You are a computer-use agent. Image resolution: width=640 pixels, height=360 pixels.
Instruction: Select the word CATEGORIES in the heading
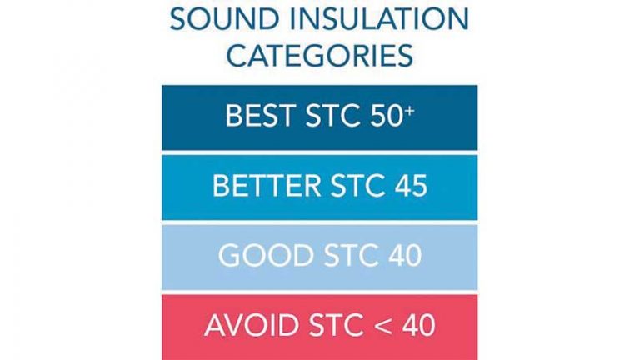point(320,55)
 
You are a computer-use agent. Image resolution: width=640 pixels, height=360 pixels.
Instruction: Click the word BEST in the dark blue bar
point(260,116)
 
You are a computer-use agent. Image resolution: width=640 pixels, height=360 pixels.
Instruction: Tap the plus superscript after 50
point(409,111)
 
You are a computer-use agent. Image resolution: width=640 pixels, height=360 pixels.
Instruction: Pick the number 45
point(411,186)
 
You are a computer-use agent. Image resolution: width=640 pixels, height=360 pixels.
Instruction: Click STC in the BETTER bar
point(357,186)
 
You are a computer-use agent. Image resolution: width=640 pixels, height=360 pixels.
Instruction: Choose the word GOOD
point(266,256)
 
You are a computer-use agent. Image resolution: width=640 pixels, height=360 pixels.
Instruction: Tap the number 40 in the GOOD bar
point(405,256)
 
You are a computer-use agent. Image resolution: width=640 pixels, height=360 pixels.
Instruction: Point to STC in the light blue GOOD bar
point(351,256)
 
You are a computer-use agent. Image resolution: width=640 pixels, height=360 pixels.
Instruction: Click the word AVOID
point(252,325)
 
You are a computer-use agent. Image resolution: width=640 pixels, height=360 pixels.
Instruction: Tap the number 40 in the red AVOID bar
point(418,325)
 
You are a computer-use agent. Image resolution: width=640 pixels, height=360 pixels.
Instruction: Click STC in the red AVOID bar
point(336,325)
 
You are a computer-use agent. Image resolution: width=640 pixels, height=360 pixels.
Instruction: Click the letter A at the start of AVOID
point(214,325)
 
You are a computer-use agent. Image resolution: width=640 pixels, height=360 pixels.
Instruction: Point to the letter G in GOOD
point(229,256)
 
